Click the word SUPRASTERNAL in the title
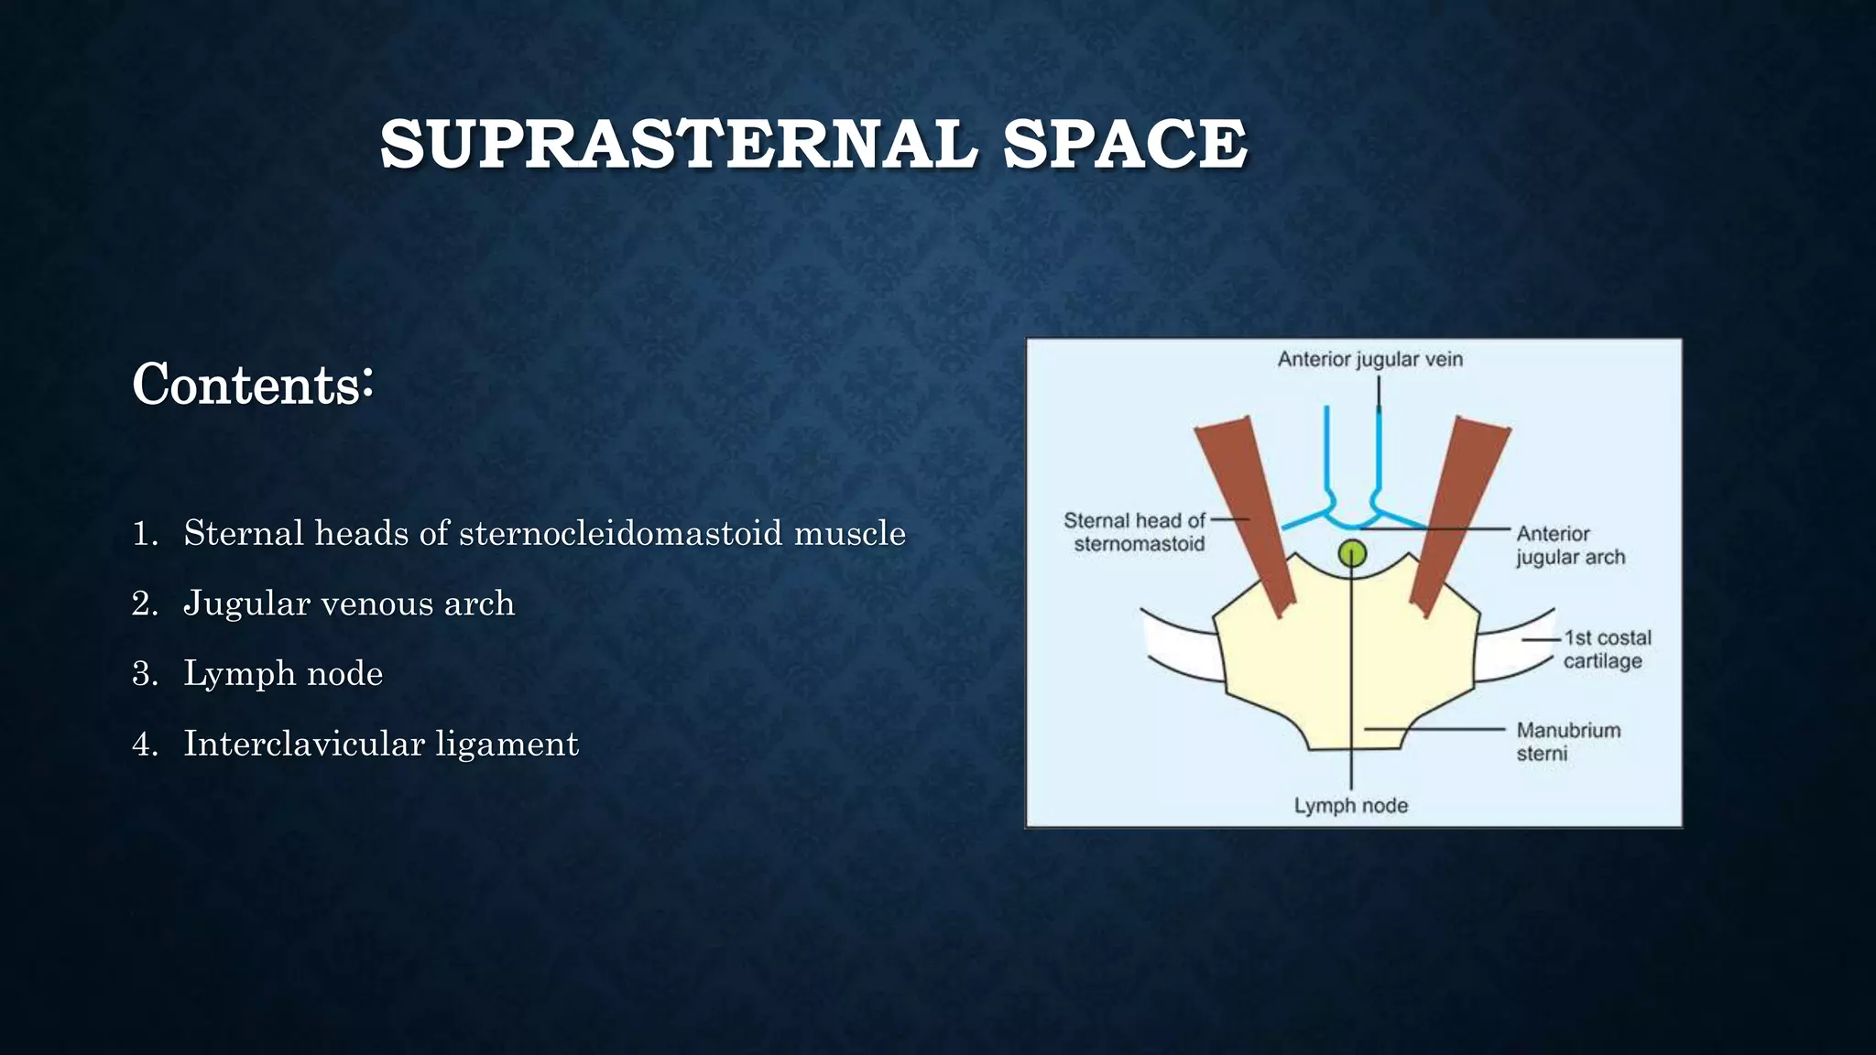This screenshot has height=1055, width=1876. [678, 145]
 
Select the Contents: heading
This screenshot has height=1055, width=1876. [253, 385]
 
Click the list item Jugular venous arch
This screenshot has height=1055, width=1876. [348, 604]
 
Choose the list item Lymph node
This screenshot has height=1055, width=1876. [282, 674]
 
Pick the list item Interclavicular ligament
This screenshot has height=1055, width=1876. [380, 744]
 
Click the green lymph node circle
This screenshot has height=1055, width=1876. [1352, 553]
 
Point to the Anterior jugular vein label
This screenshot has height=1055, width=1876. [1369, 359]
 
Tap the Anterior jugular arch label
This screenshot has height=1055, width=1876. [1569, 545]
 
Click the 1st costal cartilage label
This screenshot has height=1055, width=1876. [1606, 648]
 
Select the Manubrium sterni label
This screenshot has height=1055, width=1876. [1567, 742]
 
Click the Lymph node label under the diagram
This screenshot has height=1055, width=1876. [1350, 806]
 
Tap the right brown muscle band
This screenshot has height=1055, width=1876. [1456, 513]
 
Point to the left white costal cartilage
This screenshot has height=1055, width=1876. [1182, 648]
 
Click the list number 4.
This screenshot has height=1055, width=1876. [144, 745]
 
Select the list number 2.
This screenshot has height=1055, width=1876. [144, 604]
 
